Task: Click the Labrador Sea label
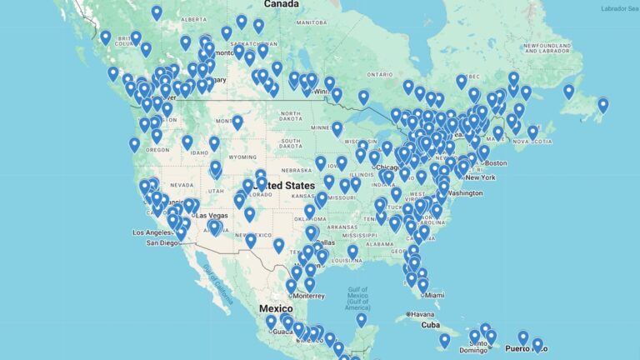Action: (x=619, y=8)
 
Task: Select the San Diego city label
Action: (x=162, y=243)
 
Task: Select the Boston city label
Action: (x=493, y=162)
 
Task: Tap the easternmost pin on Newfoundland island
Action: (x=602, y=104)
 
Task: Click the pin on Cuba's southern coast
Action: (x=444, y=339)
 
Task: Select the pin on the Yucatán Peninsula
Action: (x=361, y=318)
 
